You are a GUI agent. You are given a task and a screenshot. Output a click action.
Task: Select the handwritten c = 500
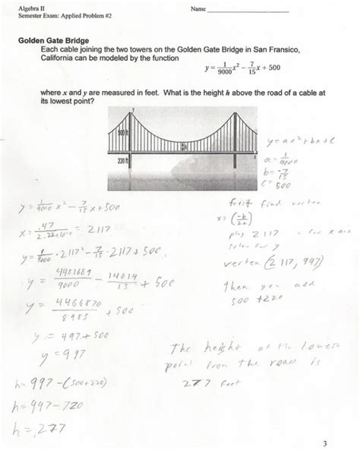point(285,184)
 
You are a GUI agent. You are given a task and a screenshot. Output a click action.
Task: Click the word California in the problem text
point(58,58)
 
